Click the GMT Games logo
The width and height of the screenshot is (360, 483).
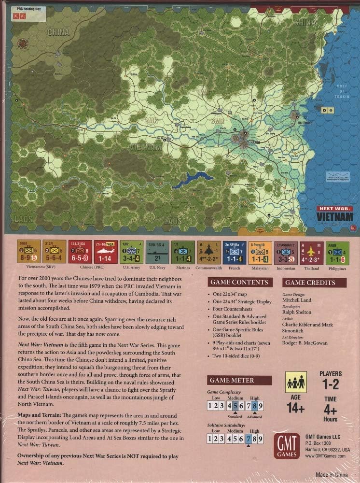(x=287, y=444)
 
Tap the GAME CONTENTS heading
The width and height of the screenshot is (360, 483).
(x=237, y=283)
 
